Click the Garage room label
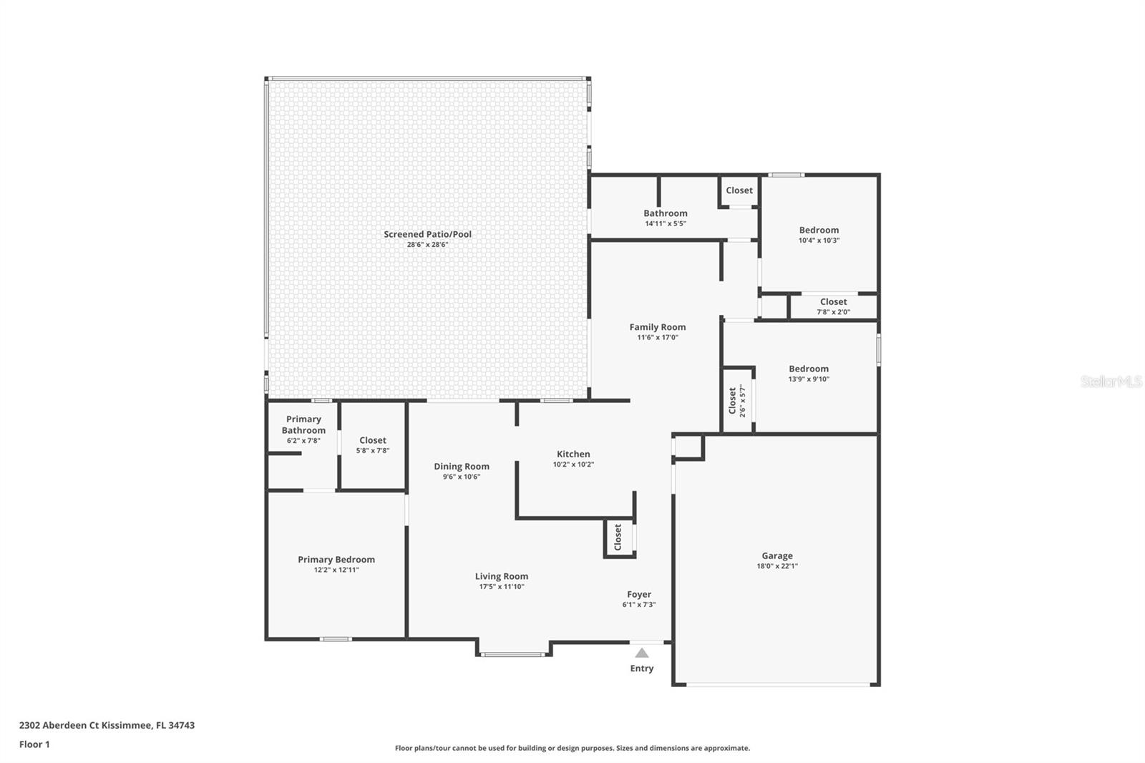[776, 555]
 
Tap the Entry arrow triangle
[642, 653]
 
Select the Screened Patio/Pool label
[427, 234]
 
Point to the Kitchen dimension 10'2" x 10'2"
[573, 465]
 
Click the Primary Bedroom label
[336, 560]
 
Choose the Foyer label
[639, 594]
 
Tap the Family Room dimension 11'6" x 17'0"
[658, 337]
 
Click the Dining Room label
[462, 466]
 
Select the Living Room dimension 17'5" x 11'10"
[502, 587]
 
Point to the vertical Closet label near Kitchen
[618, 537]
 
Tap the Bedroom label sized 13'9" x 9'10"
[809, 369]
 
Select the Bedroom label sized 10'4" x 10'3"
[819, 230]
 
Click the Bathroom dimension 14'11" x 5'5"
[666, 223]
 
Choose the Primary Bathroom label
[303, 424]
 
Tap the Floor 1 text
[34, 744]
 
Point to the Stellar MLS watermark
[1111, 382]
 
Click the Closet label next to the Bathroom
[739, 190]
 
